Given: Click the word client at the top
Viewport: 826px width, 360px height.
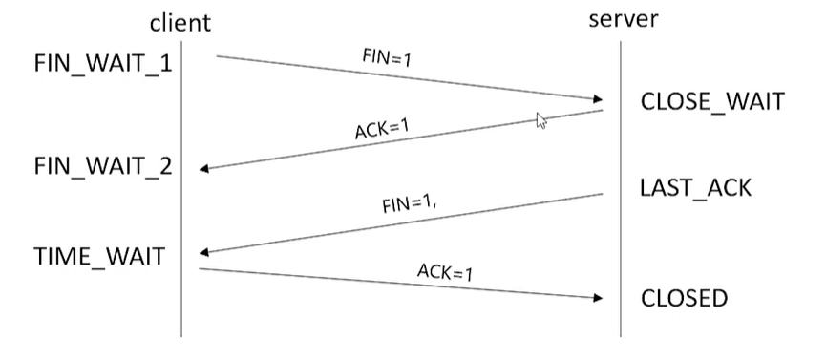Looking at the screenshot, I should (180, 22).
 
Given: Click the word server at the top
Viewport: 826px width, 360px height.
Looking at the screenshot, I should (622, 19).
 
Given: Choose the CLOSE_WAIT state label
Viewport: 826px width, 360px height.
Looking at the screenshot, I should (712, 102).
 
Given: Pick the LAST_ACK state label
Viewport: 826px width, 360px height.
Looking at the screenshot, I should (696, 187).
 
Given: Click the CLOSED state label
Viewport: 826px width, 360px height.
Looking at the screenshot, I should (684, 298).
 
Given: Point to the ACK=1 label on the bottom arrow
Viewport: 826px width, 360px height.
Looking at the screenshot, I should (445, 272).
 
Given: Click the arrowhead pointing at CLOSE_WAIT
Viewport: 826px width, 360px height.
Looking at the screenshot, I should (598, 99).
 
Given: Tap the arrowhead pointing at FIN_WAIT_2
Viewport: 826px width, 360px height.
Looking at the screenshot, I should (205, 169).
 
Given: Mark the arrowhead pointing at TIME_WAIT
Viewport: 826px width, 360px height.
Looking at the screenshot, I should (205, 253).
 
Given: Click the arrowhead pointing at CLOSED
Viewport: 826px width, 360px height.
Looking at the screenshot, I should (598, 298).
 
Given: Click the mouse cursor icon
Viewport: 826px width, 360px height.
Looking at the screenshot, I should (540, 120).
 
